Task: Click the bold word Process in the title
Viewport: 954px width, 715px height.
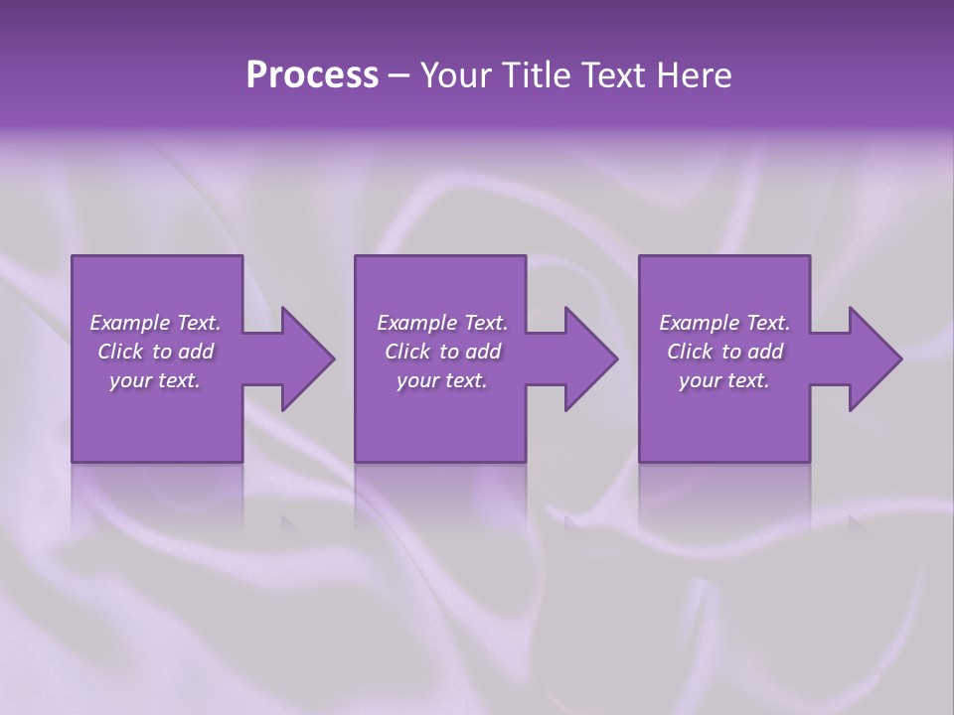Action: [x=312, y=75]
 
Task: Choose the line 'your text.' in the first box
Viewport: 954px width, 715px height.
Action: [x=155, y=380]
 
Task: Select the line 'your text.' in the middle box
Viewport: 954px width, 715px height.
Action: [x=441, y=380]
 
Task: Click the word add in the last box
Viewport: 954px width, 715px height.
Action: [x=764, y=352]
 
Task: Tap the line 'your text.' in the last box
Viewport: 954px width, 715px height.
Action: [x=723, y=380]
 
